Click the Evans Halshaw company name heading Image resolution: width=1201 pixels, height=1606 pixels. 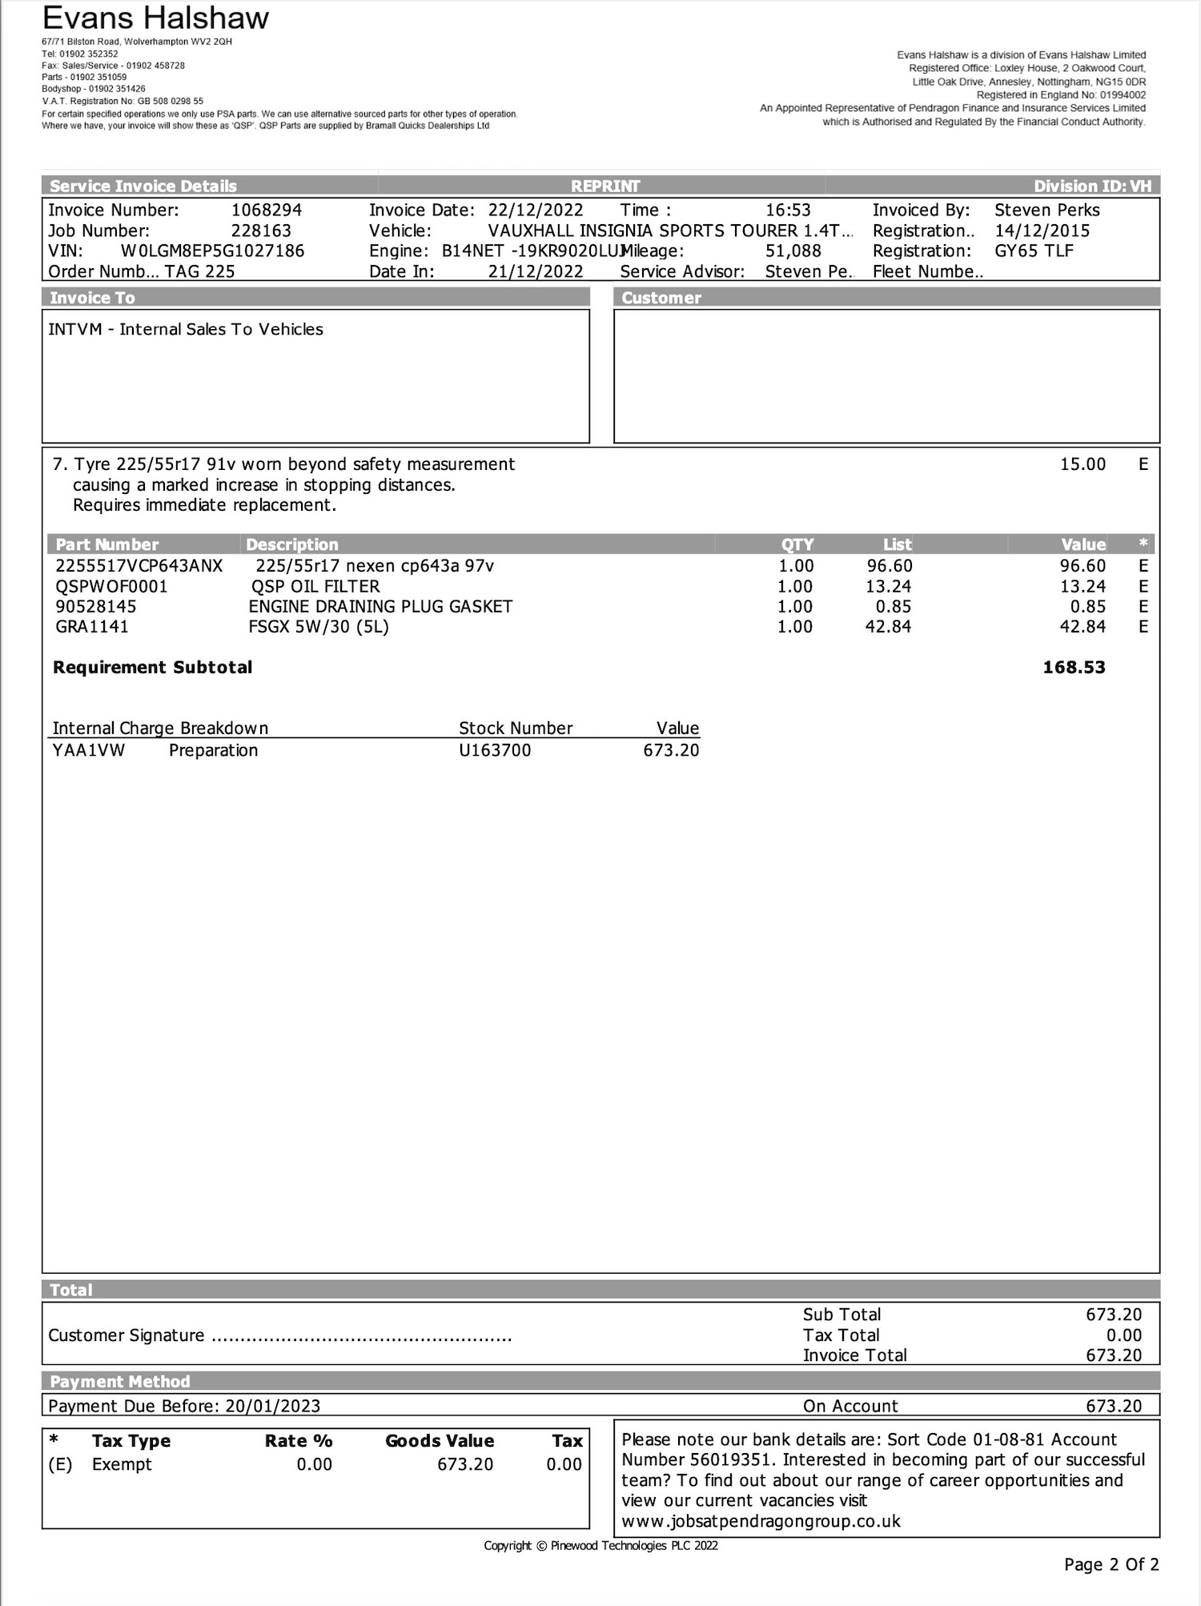(155, 18)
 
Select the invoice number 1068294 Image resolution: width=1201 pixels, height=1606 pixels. (267, 211)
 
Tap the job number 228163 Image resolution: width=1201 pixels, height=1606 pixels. (261, 231)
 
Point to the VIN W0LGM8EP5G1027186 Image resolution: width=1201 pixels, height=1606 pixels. (212, 251)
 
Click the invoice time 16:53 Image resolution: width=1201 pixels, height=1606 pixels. (788, 211)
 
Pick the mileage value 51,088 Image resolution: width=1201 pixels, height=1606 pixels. (793, 251)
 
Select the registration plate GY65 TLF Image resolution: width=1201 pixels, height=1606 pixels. (1034, 251)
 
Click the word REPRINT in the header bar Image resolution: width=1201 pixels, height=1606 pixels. (605, 187)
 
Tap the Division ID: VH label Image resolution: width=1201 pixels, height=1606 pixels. (1092, 187)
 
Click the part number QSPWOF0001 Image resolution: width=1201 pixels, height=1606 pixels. (111, 586)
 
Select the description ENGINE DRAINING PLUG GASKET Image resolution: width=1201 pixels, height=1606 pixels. (380, 606)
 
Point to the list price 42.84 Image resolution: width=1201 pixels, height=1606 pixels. (888, 626)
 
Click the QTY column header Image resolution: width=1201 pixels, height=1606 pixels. (797, 544)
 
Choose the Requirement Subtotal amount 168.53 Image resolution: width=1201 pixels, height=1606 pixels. (1074, 667)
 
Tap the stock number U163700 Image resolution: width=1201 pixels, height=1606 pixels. (495, 750)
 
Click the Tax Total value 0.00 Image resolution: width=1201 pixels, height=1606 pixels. (1123, 1335)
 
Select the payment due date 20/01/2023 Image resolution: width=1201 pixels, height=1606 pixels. (272, 1406)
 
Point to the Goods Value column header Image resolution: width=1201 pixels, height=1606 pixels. (440, 1440)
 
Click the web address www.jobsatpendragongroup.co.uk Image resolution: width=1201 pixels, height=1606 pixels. (761, 1521)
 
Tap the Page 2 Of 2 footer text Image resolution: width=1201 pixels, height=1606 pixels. (1111, 1564)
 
